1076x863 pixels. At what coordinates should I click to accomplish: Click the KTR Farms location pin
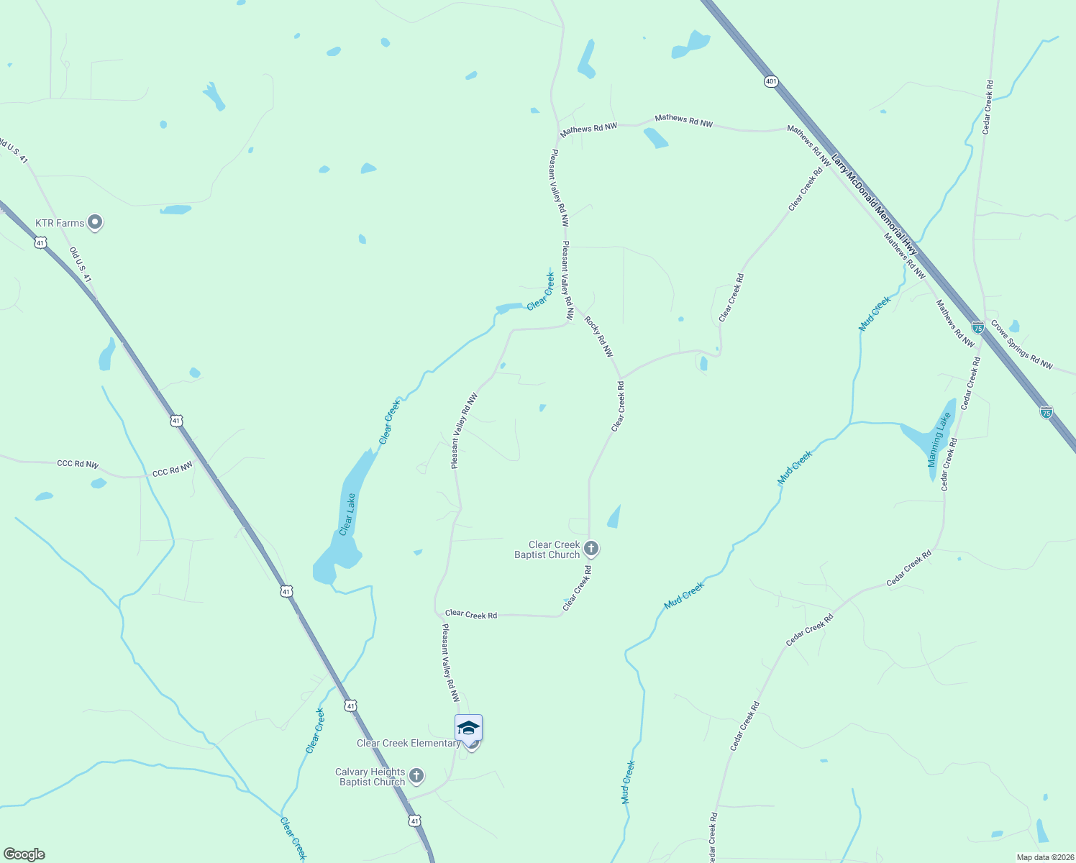(95, 222)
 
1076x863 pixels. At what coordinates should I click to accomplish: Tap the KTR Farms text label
(60, 224)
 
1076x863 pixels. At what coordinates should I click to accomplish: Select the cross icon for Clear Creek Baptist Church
(591, 549)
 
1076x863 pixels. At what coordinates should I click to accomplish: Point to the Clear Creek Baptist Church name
(547, 550)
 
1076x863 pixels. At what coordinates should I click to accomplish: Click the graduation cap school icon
(468, 728)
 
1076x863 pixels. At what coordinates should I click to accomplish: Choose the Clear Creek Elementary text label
(408, 744)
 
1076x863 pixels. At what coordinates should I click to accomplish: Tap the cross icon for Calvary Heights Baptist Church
(416, 777)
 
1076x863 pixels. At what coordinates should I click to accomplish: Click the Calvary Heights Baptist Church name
(370, 777)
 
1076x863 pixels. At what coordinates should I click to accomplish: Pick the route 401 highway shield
(771, 82)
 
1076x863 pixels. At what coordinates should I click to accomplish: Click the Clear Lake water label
(347, 514)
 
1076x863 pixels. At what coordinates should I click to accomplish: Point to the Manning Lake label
(939, 439)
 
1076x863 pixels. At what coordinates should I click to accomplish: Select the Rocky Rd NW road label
(598, 337)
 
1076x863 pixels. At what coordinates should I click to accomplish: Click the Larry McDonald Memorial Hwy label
(874, 204)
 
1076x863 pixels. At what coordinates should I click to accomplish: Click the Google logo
(24, 854)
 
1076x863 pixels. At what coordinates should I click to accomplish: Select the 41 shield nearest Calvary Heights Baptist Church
(414, 821)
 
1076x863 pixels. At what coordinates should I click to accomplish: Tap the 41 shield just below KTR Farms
(40, 243)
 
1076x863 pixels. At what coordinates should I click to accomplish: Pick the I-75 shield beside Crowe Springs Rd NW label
(977, 327)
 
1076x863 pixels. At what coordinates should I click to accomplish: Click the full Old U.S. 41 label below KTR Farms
(81, 265)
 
